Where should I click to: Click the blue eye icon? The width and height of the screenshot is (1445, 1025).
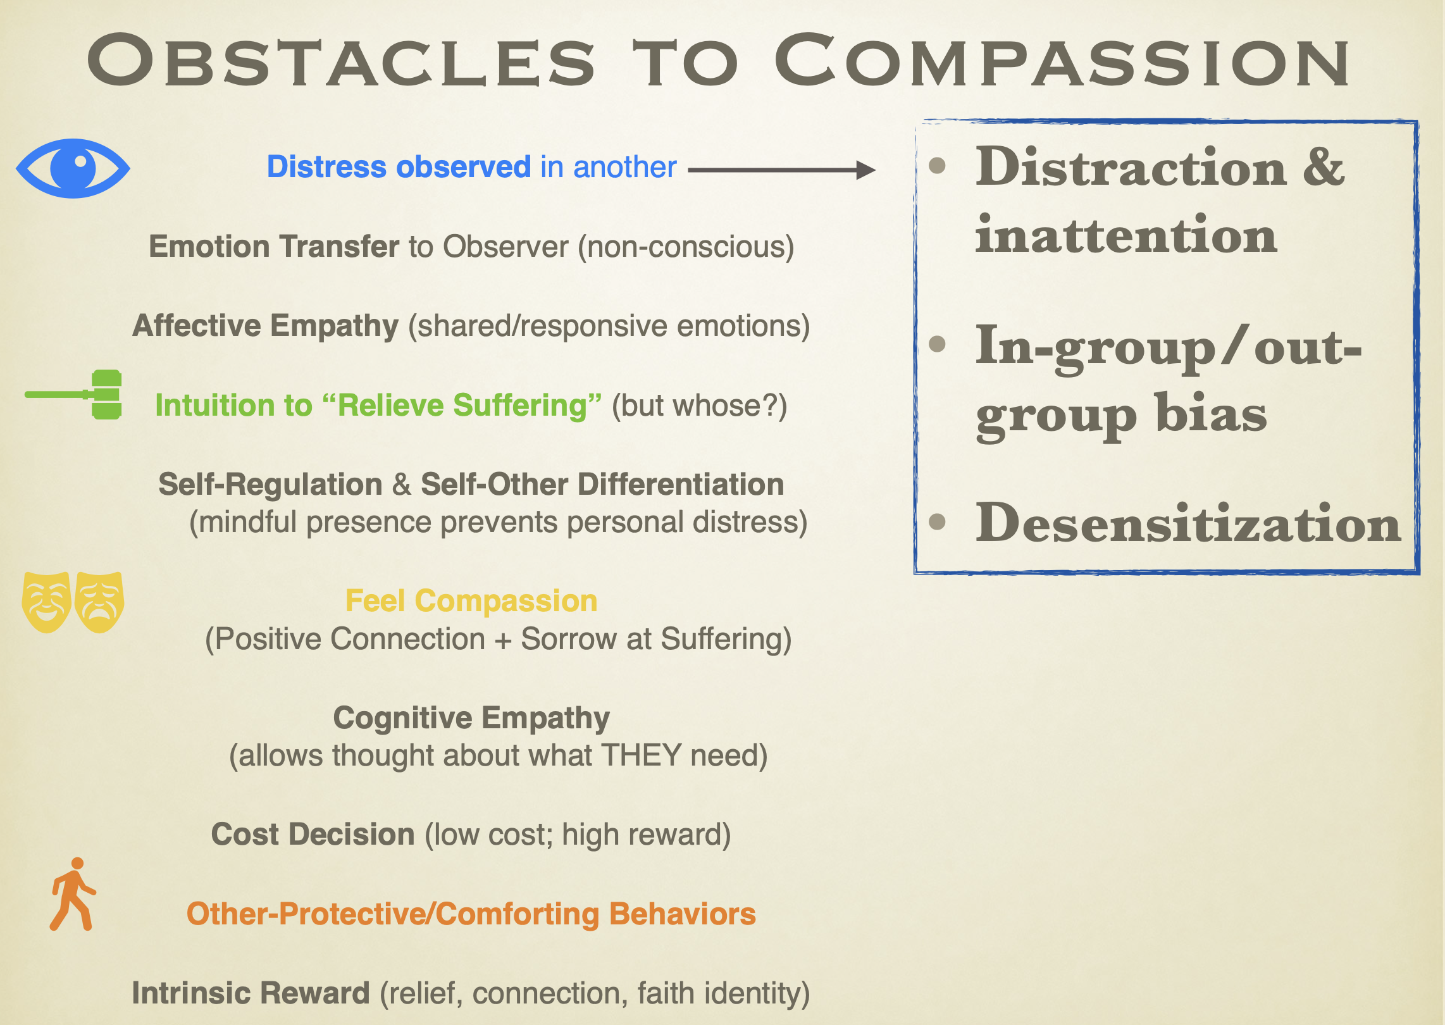point(73,168)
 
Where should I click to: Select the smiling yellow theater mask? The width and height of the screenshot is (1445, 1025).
point(46,602)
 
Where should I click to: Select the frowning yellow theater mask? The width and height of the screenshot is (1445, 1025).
point(99,602)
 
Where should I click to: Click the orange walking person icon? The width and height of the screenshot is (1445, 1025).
point(73,894)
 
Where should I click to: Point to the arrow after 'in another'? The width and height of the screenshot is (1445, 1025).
point(782,170)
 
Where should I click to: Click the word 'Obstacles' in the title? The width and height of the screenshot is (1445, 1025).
point(342,61)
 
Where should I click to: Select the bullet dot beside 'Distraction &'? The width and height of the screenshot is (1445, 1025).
point(937,166)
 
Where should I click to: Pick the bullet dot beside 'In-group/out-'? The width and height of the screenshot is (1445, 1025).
point(937,344)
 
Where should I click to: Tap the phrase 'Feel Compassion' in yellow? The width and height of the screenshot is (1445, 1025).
point(471,600)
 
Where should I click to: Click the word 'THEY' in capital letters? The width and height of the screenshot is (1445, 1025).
point(641,755)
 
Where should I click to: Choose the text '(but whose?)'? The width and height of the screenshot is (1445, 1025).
point(700,406)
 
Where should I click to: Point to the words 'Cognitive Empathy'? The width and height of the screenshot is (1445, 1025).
point(471,718)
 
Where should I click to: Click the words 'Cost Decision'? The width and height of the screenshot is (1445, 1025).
point(313,834)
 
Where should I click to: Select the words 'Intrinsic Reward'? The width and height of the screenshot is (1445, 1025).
point(251,993)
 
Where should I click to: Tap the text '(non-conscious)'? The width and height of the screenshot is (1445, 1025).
point(686,247)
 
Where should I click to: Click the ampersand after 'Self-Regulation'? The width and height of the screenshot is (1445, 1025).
point(402,485)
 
